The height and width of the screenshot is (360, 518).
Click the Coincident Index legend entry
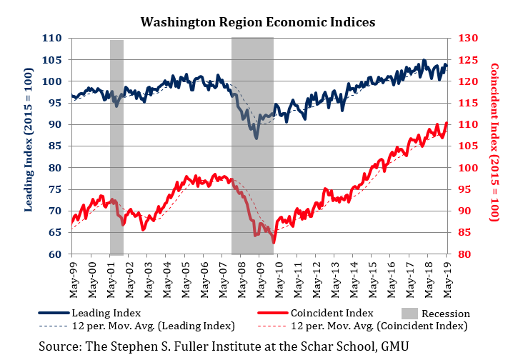point(331,313)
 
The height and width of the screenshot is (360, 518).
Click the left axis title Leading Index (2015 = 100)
point(29,146)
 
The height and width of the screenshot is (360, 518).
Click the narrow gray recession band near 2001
point(116,146)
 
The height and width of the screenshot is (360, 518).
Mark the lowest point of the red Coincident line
point(274,243)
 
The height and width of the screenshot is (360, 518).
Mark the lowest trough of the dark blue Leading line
point(256,137)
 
